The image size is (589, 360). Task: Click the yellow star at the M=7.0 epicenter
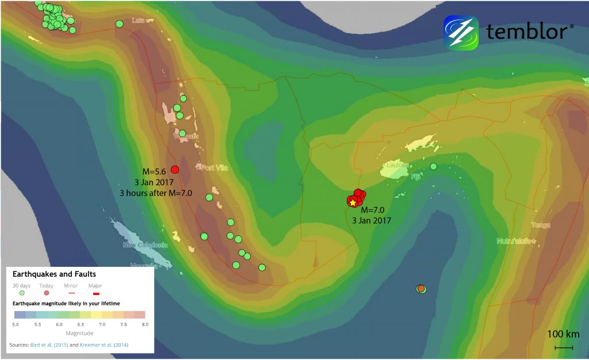click(x=353, y=202)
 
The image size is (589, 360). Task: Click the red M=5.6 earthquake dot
click(x=175, y=169)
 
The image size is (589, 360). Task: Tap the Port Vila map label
click(x=215, y=168)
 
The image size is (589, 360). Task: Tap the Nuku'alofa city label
click(x=515, y=241)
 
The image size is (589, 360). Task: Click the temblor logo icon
click(x=461, y=33)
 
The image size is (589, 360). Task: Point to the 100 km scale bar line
click(x=563, y=347)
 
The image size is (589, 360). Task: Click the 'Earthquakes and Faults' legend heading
click(x=54, y=274)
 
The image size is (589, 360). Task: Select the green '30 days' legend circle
click(x=22, y=293)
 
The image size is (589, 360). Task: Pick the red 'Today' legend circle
click(x=47, y=293)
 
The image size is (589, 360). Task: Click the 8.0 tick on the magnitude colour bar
click(x=145, y=325)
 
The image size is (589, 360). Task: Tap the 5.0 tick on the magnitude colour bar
click(x=16, y=325)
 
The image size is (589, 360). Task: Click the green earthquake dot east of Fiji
click(x=434, y=167)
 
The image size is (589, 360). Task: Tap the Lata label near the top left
click(x=138, y=21)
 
